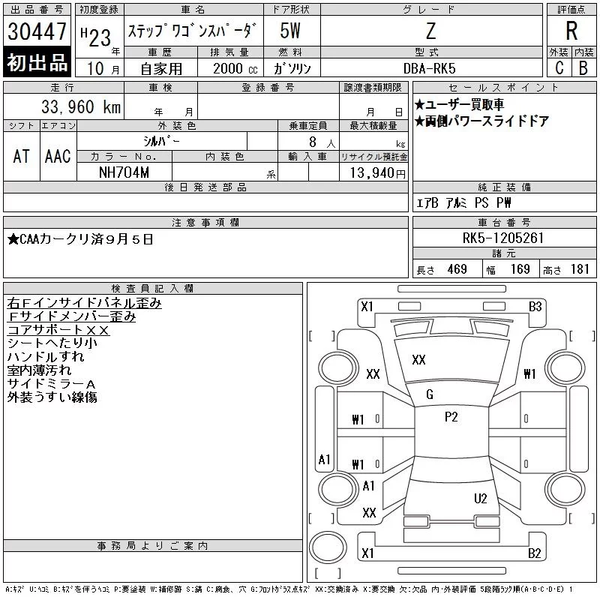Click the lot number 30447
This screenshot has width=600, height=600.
tap(37, 31)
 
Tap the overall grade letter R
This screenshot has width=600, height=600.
tap(571, 31)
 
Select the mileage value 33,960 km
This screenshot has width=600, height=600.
tap(81, 106)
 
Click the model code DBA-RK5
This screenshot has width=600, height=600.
tap(429, 68)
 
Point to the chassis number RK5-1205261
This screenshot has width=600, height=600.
tap(503, 238)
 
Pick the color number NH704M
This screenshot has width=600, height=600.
tap(124, 172)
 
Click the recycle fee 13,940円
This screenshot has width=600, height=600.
tap(377, 173)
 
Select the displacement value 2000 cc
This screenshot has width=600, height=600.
tap(235, 68)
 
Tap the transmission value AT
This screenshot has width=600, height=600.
tap(21, 156)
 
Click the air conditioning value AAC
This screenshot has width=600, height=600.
tap(58, 156)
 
